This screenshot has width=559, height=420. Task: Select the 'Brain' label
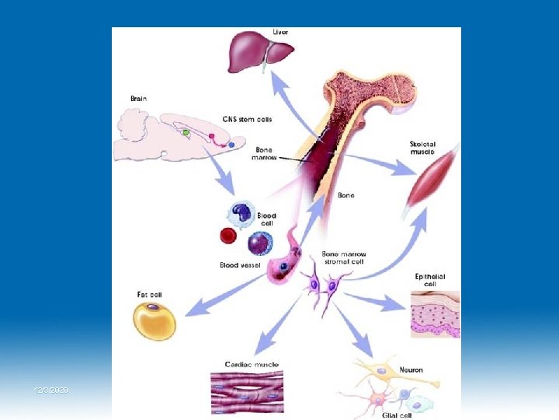pyautogui.click(x=137, y=100)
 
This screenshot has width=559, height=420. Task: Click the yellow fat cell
pyautogui.click(x=155, y=321)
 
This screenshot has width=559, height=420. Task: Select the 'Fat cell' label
pyautogui.click(x=149, y=295)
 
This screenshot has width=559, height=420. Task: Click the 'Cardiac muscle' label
pyautogui.click(x=252, y=364)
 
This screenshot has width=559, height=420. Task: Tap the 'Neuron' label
pyautogui.click(x=411, y=369)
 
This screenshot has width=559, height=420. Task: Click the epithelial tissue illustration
pyautogui.click(x=434, y=314)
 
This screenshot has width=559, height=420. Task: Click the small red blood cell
pyautogui.click(x=228, y=235)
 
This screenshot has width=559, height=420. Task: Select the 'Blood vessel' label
pyautogui.click(x=240, y=265)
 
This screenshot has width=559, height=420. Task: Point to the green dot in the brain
pyautogui.click(x=185, y=133)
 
